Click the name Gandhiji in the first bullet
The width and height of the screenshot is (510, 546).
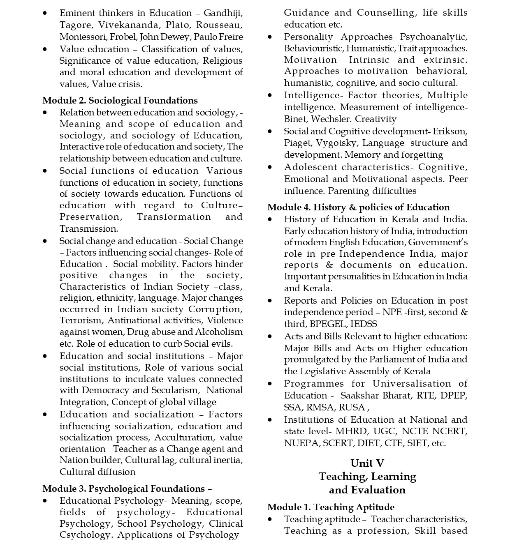point(223,13)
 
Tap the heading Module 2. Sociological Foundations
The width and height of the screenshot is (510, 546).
point(120,101)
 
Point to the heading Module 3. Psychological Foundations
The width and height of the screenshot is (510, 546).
point(127,489)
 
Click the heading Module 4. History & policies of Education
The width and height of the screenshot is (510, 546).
point(358,207)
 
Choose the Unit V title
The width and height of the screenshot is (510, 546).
point(367,463)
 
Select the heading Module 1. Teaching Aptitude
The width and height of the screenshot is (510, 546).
point(331,507)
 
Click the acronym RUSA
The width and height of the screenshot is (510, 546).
point(355,408)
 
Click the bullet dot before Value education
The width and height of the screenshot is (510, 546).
point(45,49)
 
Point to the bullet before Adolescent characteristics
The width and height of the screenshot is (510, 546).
point(270,167)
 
